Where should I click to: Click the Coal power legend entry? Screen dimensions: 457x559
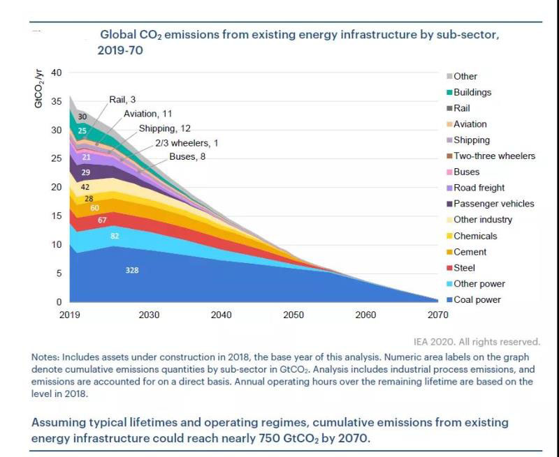click(x=477, y=300)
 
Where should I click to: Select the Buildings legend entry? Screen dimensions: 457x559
click(x=472, y=92)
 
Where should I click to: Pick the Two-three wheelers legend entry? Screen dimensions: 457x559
click(x=494, y=156)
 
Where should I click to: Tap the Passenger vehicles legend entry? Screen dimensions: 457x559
click(x=493, y=204)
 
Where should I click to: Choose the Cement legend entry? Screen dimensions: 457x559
click(x=470, y=252)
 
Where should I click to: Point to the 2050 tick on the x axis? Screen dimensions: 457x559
click(x=293, y=315)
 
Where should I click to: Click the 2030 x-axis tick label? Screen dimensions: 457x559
click(x=149, y=315)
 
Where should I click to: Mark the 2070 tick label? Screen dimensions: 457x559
click(x=438, y=315)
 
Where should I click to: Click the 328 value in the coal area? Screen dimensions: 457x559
click(x=132, y=269)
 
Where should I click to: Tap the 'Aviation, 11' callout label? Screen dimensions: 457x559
click(x=147, y=114)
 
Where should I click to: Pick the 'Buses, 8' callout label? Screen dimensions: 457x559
click(x=187, y=157)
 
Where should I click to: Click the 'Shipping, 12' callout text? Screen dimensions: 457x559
click(x=164, y=128)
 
